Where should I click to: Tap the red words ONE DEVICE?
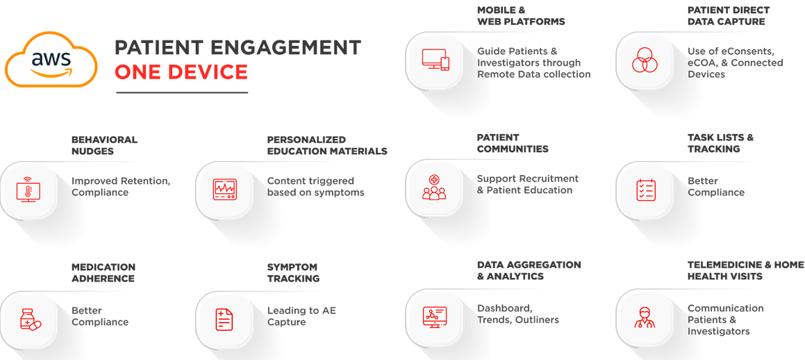181,72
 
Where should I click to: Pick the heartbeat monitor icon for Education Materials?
225,189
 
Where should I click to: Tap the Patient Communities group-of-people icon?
434,187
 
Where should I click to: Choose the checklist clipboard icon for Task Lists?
645,190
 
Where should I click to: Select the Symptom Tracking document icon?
224,319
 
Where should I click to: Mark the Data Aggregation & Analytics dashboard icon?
434,317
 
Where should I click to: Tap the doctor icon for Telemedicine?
645,317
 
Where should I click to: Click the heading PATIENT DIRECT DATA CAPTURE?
729,16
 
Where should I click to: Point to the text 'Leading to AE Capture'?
301,316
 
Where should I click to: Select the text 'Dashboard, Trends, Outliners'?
518,314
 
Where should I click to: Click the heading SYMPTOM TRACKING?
293,272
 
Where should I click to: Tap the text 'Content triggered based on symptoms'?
316,187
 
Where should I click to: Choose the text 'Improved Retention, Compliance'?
121,187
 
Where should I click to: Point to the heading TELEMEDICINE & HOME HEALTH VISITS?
745,270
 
